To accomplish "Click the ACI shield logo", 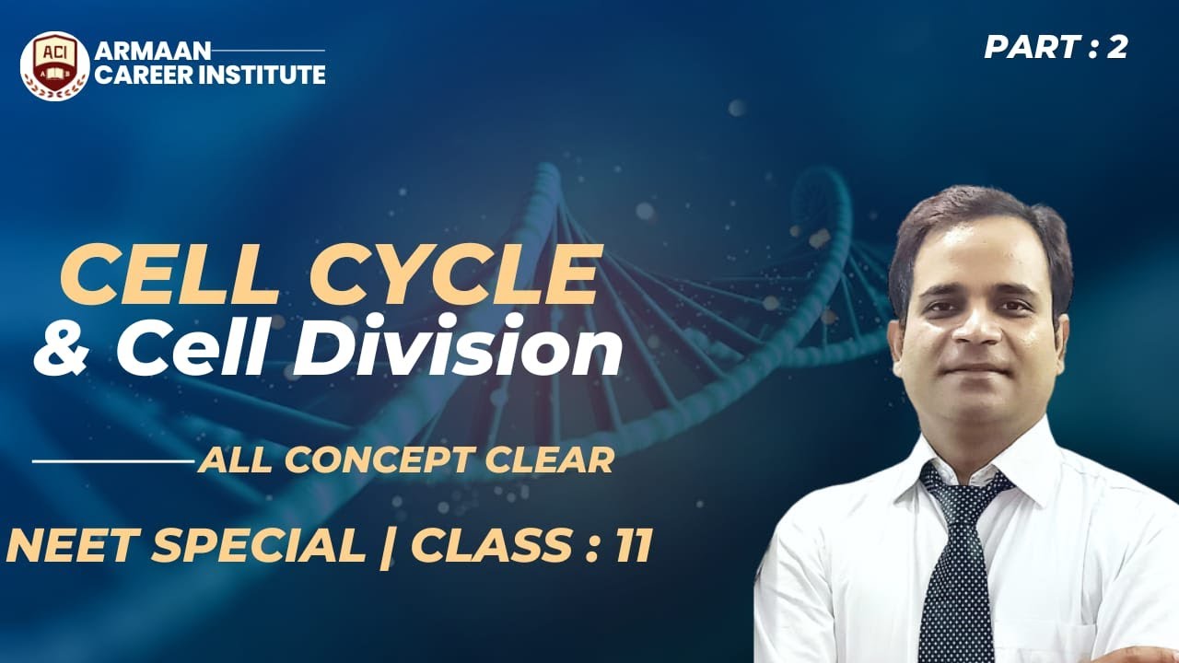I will click(x=54, y=65).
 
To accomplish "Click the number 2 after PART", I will click(x=1117, y=47).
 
